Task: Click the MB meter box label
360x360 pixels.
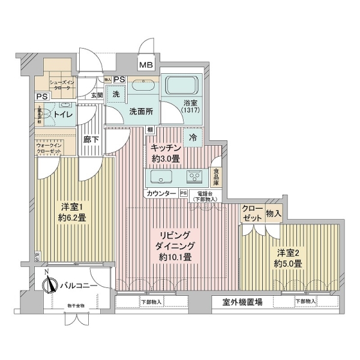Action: click(x=146, y=65)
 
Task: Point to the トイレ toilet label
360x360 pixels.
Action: click(x=63, y=113)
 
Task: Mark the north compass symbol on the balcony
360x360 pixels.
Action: click(x=50, y=284)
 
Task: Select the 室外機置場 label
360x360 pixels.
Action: click(x=242, y=302)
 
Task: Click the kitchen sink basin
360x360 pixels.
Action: click(x=161, y=177)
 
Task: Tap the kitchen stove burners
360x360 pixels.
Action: click(x=195, y=177)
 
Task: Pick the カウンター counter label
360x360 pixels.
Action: click(x=160, y=193)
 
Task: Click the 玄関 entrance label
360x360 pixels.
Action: click(x=97, y=95)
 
